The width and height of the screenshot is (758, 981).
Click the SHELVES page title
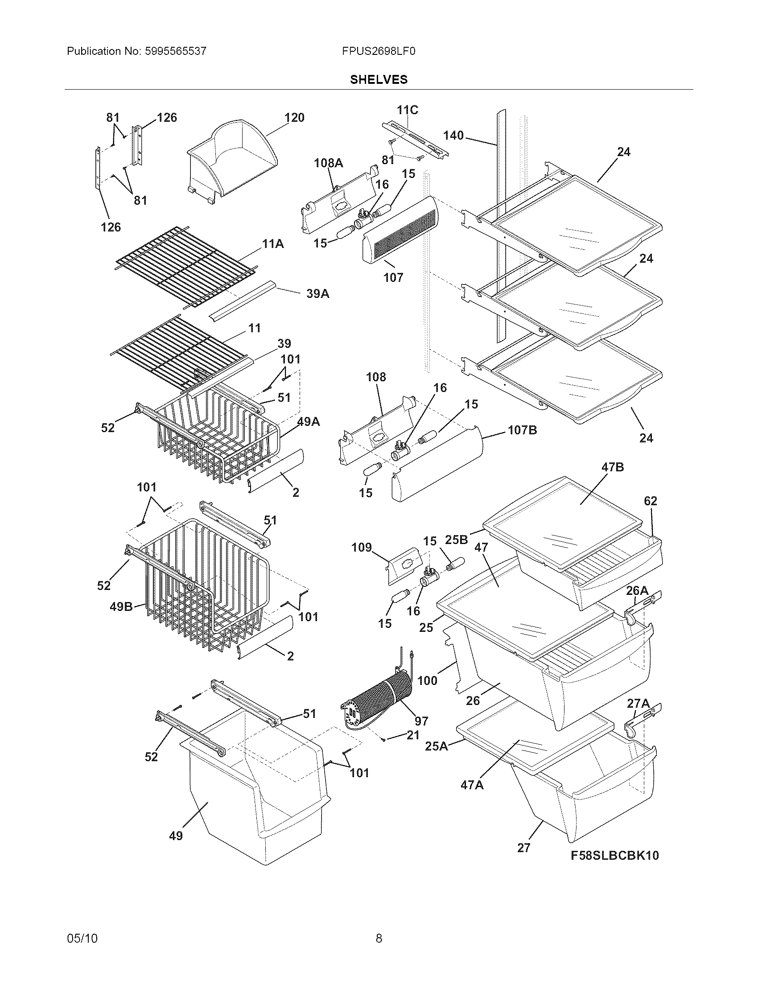(x=379, y=79)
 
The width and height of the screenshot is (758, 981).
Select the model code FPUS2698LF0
(x=379, y=51)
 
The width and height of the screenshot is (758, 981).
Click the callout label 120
(x=294, y=118)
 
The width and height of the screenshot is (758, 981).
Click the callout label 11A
(x=273, y=244)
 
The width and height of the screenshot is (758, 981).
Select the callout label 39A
(x=317, y=294)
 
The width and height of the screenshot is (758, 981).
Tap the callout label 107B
(x=522, y=430)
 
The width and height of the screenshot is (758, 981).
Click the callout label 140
(x=453, y=135)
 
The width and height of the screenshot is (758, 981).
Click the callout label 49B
(x=121, y=607)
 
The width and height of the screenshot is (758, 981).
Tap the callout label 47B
(x=613, y=467)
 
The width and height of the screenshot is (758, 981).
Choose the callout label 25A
(x=437, y=746)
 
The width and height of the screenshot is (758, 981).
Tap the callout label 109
(x=362, y=547)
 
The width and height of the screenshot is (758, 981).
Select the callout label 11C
(x=407, y=110)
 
